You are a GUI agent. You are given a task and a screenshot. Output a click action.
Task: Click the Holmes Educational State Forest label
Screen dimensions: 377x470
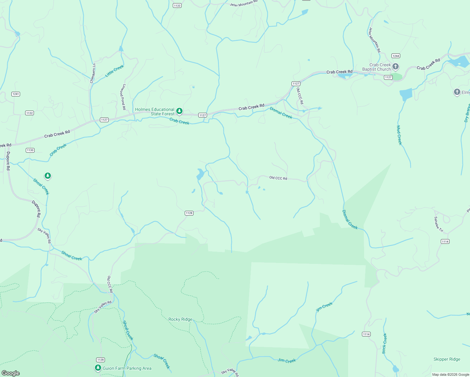tap(155, 112)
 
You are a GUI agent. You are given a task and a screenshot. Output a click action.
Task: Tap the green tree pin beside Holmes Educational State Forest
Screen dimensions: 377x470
tap(179, 111)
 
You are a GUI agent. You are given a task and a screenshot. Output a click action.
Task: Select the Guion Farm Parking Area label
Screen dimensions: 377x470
tap(127, 368)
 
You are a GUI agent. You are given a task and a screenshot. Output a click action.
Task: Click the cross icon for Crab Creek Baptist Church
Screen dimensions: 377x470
tap(396, 67)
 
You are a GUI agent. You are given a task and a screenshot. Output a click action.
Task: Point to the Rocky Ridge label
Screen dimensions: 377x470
tap(180, 319)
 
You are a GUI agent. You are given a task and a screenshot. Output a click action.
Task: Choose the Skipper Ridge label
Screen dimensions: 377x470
tap(447, 359)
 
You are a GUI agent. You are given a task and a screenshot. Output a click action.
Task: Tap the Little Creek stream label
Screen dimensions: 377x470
tap(114, 71)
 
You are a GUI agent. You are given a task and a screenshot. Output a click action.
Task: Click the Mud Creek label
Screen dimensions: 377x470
tap(399, 135)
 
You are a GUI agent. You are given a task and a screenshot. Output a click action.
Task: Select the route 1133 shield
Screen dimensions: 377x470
tap(177, 5)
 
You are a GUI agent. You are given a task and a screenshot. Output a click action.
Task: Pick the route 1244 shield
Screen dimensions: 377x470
tap(396, 56)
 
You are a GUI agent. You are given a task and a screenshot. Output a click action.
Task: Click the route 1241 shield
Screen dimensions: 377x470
tap(16, 94)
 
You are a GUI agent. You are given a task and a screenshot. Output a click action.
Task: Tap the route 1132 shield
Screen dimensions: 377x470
tap(30, 113)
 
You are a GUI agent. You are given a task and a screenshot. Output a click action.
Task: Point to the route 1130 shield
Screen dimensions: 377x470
tap(30, 150)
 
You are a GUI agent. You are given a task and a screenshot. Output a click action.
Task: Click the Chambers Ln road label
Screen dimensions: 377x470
tap(93, 73)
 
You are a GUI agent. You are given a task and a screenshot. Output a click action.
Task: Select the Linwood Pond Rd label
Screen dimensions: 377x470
tap(122, 97)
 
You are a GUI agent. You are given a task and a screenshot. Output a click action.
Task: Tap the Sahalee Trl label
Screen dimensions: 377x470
tap(438, 224)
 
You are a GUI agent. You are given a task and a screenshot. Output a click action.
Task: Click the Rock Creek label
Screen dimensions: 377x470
tap(385, 343)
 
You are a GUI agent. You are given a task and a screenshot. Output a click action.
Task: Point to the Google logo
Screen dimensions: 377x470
tap(10, 373)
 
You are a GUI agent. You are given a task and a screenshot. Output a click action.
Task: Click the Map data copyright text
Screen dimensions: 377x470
tap(451, 374)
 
